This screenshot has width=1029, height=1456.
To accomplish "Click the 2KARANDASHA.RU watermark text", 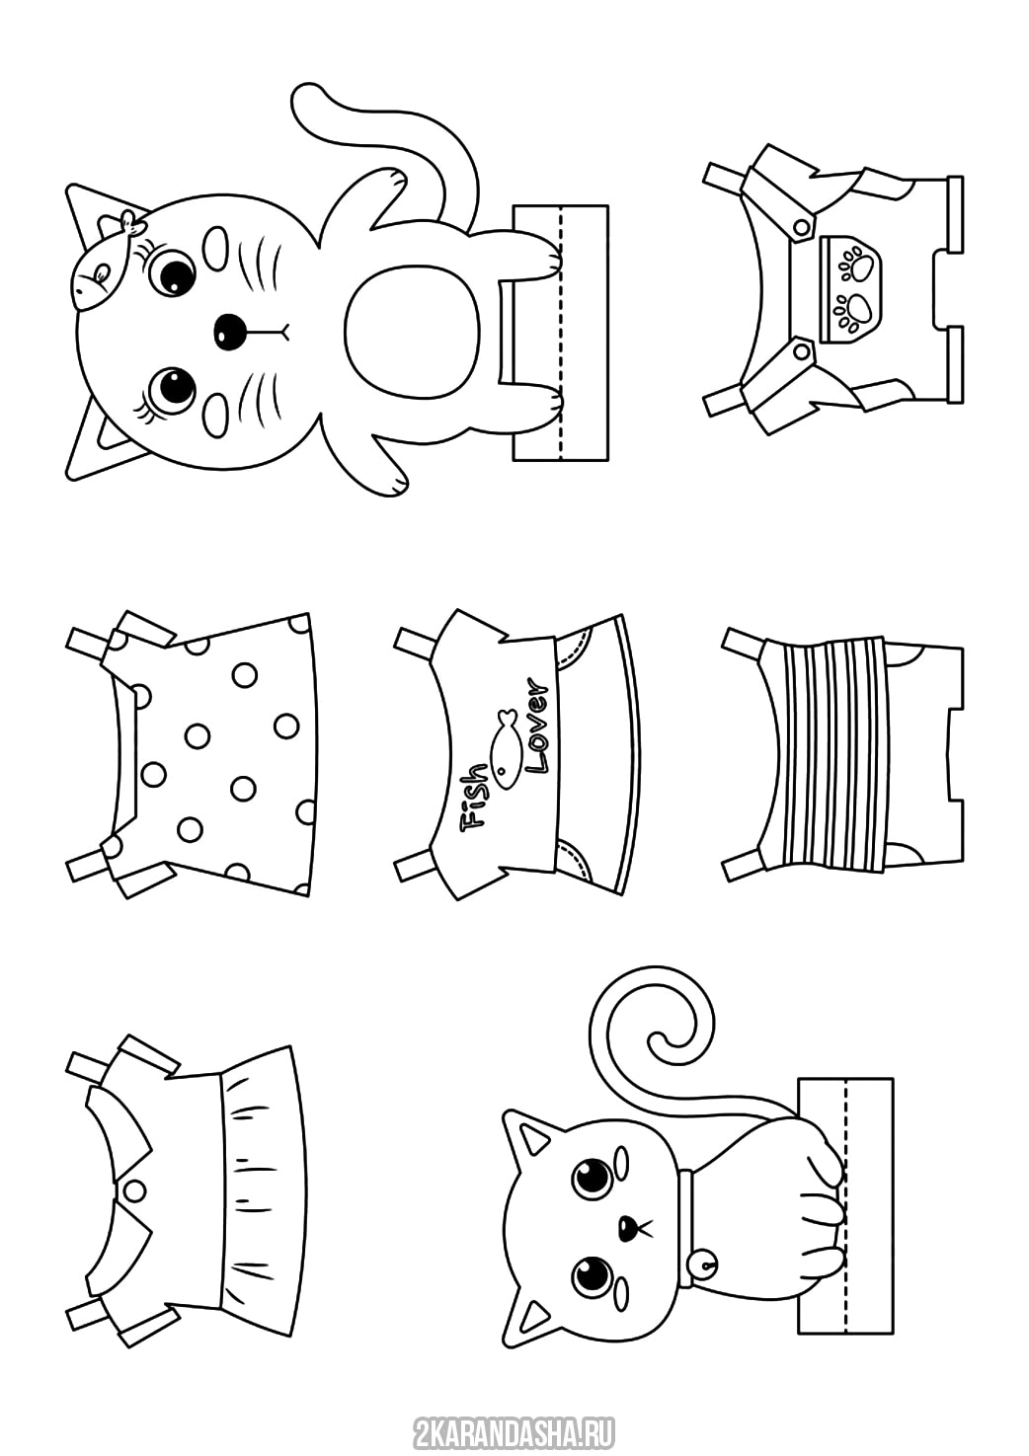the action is pos(514,1431).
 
